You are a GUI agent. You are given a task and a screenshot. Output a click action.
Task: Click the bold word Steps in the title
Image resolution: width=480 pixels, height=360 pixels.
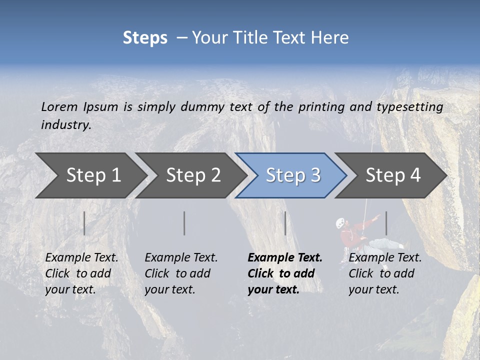(145, 38)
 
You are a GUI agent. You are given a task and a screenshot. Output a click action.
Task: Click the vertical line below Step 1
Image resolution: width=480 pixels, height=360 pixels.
(84, 223)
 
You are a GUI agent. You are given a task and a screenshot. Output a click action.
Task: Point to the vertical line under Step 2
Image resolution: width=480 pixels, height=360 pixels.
(184, 223)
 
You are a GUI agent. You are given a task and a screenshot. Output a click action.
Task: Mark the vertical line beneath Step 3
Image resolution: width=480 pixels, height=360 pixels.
(285, 223)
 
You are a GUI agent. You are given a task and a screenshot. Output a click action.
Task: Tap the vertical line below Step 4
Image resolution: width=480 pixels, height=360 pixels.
(386, 223)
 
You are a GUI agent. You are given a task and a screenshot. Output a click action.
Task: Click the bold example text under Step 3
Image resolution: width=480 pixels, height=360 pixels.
(285, 273)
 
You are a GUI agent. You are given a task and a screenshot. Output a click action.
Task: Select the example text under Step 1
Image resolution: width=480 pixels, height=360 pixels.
(81, 273)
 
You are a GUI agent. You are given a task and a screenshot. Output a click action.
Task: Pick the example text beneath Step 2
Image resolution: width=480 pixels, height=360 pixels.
(181, 273)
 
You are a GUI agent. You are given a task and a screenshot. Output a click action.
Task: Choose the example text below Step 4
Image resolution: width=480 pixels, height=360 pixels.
(385, 273)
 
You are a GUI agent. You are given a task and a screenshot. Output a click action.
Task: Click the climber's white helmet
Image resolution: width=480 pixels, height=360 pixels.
(340, 221)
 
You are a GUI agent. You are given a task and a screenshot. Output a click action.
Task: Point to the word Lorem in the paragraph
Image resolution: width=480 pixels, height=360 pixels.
(59, 106)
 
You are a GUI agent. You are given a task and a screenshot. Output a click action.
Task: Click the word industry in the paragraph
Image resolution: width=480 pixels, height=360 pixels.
(66, 124)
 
